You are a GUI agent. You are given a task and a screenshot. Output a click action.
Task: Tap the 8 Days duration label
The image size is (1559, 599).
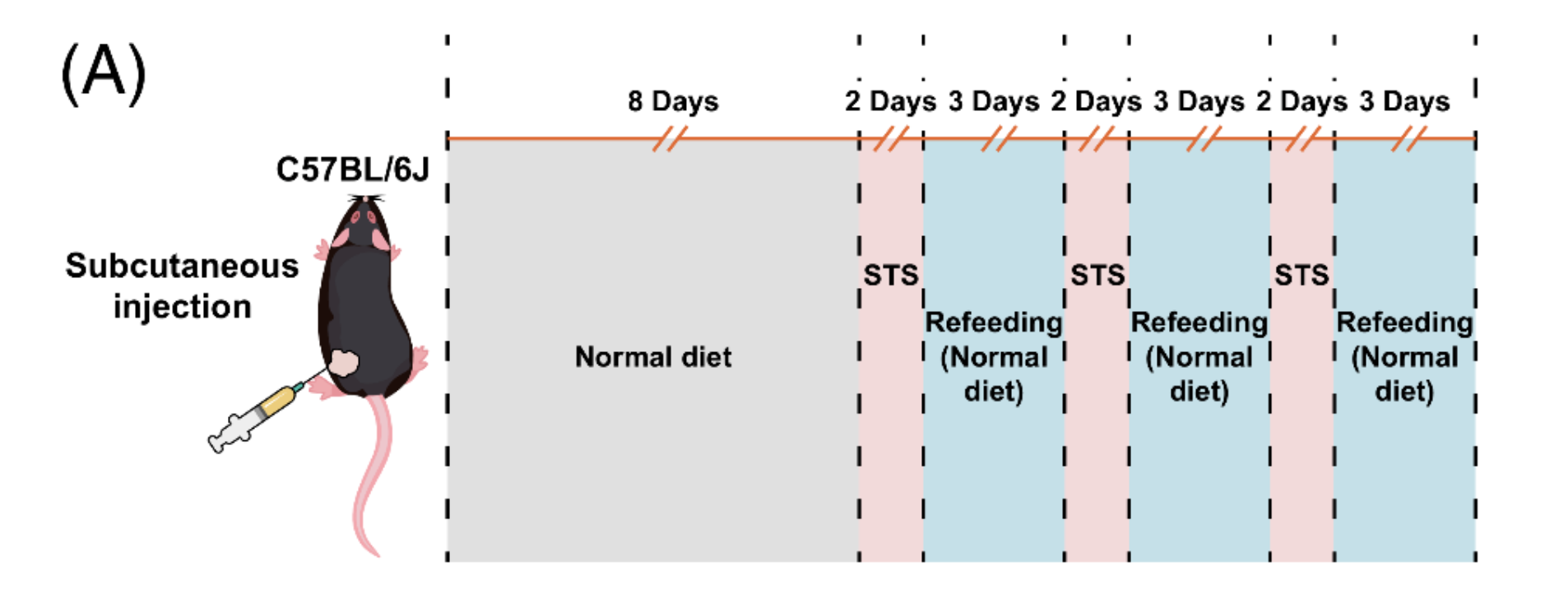(673, 101)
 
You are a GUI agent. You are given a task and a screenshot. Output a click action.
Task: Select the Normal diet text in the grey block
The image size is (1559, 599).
(653, 357)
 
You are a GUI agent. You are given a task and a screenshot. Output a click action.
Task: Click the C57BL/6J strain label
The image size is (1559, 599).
(353, 169)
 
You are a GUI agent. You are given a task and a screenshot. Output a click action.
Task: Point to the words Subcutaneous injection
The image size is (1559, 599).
(182, 286)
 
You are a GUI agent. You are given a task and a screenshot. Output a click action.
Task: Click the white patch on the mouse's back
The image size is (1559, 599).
(343, 363)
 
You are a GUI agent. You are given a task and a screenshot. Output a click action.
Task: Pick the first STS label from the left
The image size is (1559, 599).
(890, 275)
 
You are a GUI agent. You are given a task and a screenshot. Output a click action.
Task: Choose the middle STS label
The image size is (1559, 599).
(1097, 275)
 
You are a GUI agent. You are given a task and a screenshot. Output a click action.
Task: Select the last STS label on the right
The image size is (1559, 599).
(1301, 275)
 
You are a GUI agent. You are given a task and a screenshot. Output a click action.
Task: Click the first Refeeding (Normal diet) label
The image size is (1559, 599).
(994, 357)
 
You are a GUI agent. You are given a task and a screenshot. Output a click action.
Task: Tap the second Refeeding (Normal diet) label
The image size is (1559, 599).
(1199, 357)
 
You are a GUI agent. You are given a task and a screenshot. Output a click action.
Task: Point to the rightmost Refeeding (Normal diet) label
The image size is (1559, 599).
(1404, 357)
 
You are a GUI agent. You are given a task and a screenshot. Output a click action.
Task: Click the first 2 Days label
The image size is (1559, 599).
(890, 101)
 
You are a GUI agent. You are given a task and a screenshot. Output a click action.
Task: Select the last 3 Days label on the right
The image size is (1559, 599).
(1404, 101)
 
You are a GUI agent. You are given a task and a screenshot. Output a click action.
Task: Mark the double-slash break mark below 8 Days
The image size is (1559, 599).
(669, 139)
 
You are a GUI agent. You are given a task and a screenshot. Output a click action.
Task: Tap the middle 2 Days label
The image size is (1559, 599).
(1096, 101)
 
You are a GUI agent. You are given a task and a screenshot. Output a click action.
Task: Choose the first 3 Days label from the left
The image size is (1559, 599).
(994, 101)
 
